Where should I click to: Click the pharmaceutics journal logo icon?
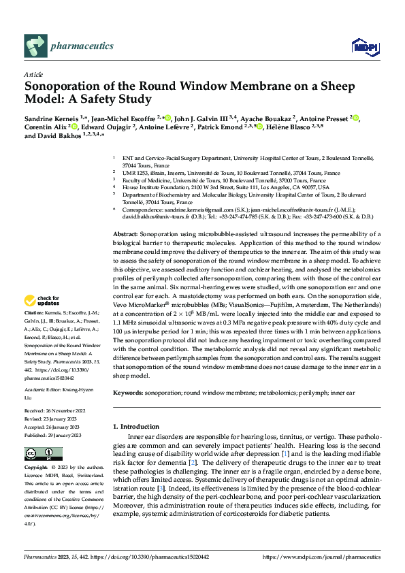35,46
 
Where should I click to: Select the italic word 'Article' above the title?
33,73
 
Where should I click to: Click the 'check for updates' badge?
42,300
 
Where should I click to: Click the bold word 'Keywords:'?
128,393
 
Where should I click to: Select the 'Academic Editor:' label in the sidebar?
44,389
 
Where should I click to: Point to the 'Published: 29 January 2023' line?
52,435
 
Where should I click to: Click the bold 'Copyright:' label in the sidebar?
36,468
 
